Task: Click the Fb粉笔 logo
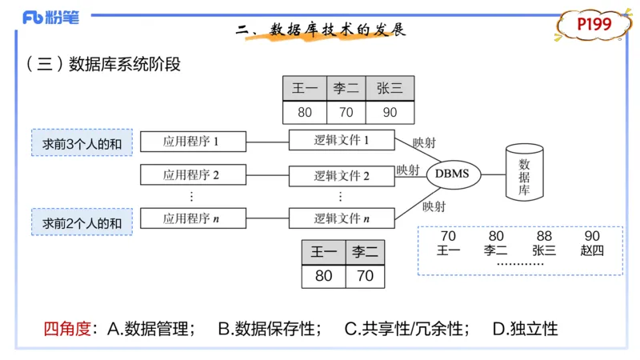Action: pos(50,18)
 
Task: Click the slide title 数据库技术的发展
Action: pos(337,30)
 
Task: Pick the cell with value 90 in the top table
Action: pos(390,112)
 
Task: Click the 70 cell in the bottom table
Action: pos(365,276)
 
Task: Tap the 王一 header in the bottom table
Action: pos(323,253)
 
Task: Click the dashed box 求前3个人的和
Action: pos(82,144)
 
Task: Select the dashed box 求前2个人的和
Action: pos(82,222)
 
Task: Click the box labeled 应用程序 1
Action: pos(192,142)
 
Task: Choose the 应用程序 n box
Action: pos(192,218)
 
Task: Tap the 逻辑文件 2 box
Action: pos(342,175)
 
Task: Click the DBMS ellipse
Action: pos(453,174)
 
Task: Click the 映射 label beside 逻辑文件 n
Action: pos(434,206)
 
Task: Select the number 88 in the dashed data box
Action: pos(544,236)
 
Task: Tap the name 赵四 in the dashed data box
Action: pos(592,250)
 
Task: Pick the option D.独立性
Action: pos(525,328)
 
